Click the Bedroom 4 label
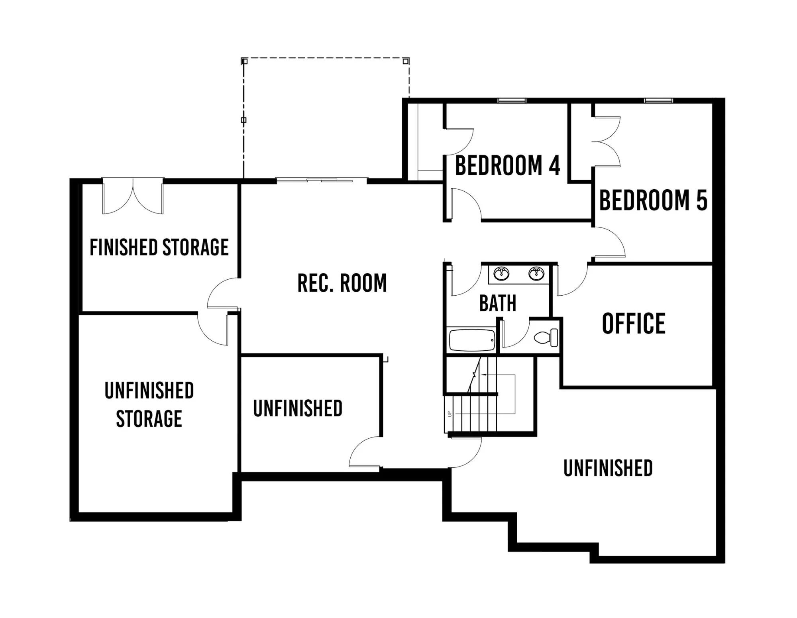508,166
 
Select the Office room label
634,323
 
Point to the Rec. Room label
342,283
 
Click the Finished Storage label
159,247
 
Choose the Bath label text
498,303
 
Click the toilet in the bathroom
546,337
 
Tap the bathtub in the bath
472,340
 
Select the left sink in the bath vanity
501,274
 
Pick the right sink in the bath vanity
536,274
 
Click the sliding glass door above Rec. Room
322,180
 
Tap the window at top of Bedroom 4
512,100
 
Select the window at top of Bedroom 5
659,100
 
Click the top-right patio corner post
406,61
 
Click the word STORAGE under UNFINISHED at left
149,418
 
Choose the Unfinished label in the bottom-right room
608,468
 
